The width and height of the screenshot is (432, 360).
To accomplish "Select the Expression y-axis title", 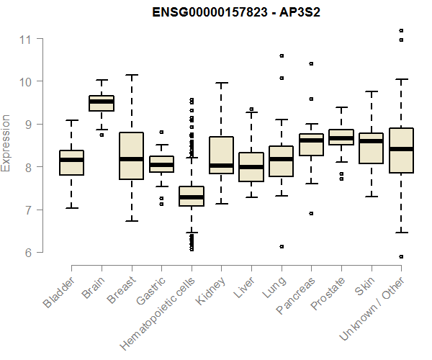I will tap(6, 143).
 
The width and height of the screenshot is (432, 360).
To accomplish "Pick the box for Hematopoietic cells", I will tap(191, 196).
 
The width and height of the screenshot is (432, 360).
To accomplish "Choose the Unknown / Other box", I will tap(400, 150).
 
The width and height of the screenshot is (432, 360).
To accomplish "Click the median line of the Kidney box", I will tap(221, 166).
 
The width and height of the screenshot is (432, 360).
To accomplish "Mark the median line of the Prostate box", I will tap(341, 138).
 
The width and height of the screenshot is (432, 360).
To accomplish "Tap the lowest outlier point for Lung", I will tap(282, 246).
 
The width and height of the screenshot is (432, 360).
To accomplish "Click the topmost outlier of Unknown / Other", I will tap(401, 30).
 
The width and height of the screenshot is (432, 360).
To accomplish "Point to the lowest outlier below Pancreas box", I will tap(311, 213).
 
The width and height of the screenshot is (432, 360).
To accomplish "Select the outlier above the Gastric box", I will tap(161, 132).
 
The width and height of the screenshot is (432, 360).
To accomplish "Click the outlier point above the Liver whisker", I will tap(251, 109).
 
